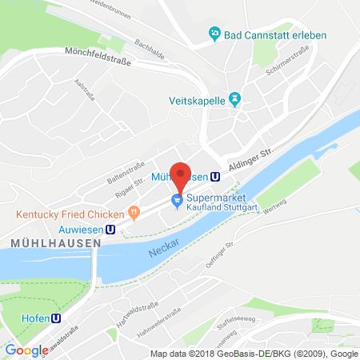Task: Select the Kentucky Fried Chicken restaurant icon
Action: pyautogui.click(x=134, y=213)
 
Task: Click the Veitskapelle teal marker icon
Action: pyautogui.click(x=234, y=99)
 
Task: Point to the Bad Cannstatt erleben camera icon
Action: pyautogui.click(x=214, y=34)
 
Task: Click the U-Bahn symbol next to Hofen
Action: pyautogui.click(x=57, y=317)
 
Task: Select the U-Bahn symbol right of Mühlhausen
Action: pyautogui.click(x=215, y=176)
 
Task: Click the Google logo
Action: pyautogui.click(x=26, y=350)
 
